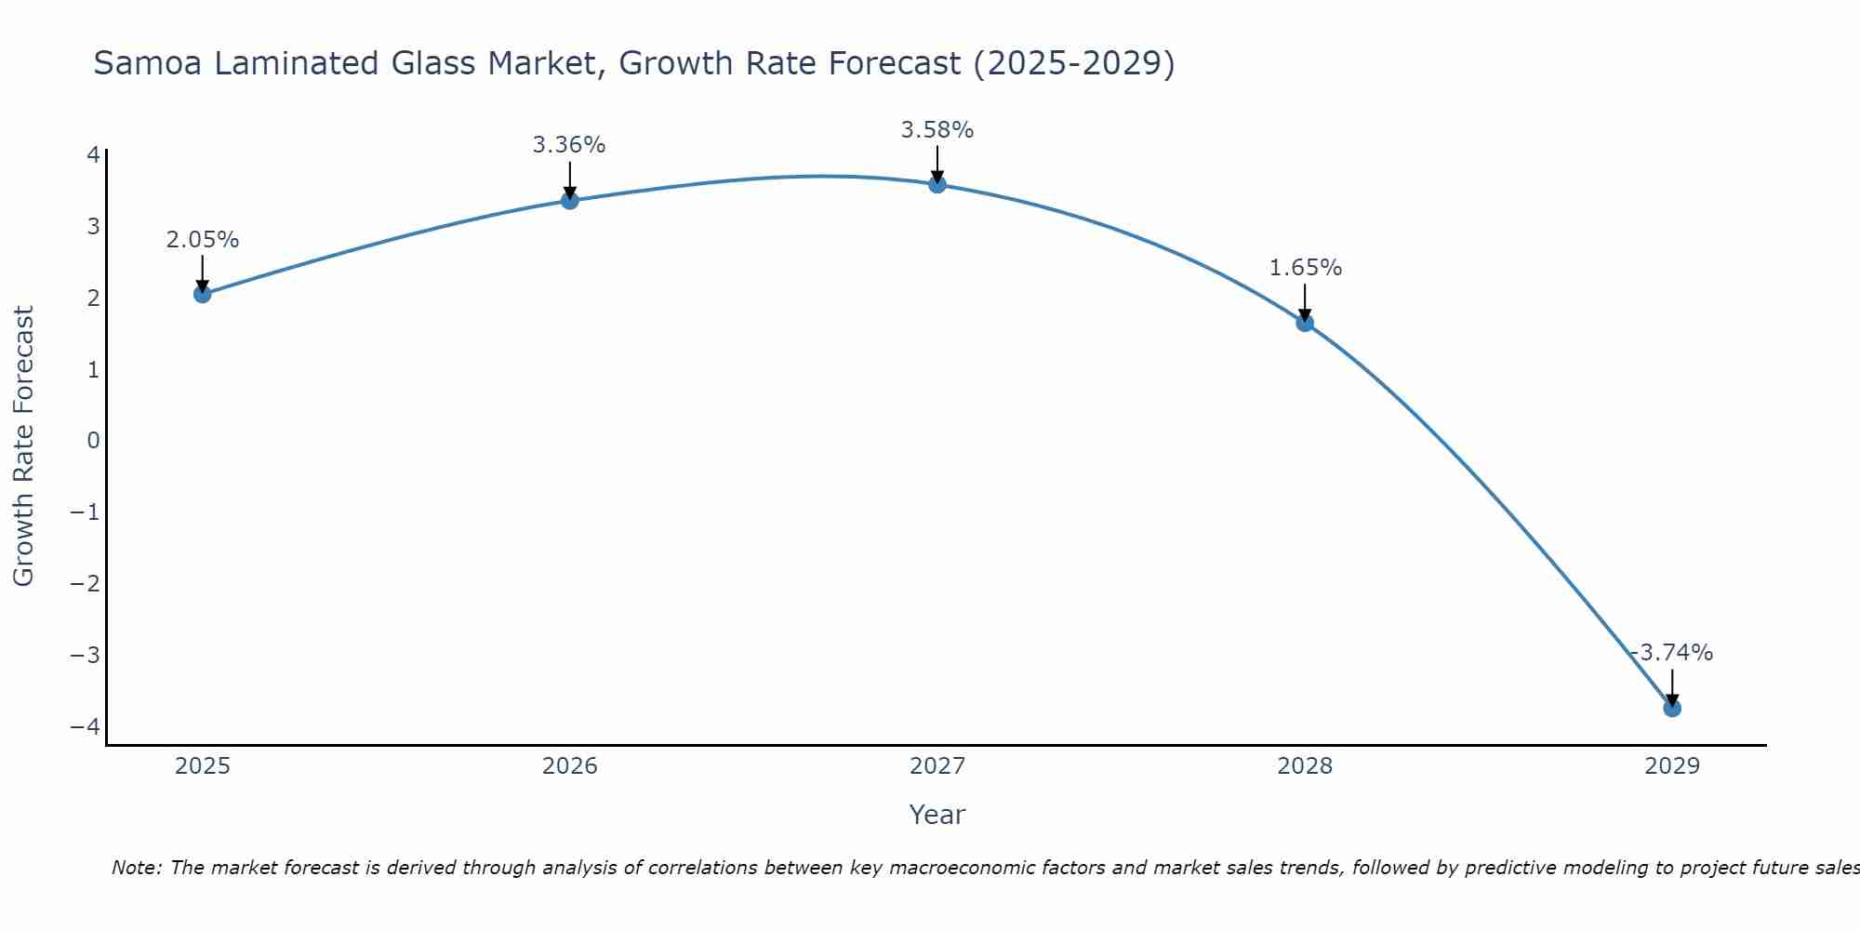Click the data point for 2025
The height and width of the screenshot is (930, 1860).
point(203,294)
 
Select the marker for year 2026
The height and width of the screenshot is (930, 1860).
point(570,200)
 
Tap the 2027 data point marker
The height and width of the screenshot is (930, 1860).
point(937,184)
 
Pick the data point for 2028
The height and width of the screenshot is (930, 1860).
point(1305,323)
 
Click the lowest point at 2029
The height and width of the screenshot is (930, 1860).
point(1672,708)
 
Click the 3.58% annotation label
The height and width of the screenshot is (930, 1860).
point(937,130)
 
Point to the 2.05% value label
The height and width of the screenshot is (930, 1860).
point(203,240)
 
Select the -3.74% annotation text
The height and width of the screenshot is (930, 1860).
point(1672,653)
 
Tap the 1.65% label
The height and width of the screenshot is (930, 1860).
point(1305,268)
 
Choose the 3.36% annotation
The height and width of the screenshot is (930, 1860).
point(569,145)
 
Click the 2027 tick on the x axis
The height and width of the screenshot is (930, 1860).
point(937,766)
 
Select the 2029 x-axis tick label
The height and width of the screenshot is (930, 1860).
point(1672,766)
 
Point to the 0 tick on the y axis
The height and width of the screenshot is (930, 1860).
point(93,441)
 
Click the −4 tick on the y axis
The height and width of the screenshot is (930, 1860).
point(86,726)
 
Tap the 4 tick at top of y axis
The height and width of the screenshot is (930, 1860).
point(93,154)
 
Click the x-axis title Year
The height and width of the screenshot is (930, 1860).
point(937,815)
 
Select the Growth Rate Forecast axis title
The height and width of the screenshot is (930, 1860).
point(23,446)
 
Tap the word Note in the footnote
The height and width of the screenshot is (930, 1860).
point(136,868)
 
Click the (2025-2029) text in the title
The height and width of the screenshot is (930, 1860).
point(1073,63)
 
